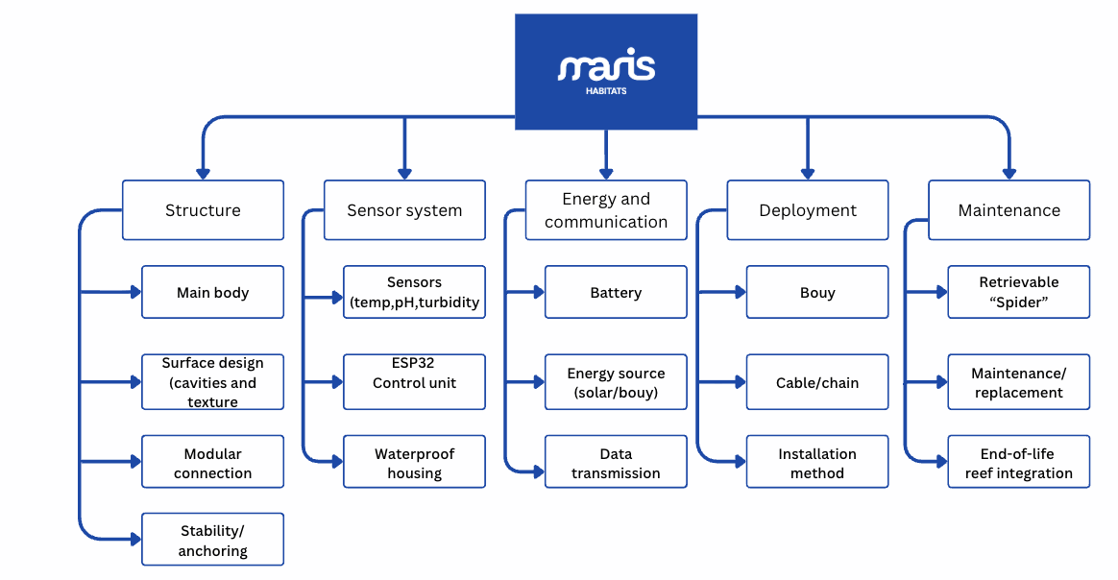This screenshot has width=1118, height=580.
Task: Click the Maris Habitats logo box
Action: coord(606,71)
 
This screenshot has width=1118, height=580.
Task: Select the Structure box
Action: coord(203,210)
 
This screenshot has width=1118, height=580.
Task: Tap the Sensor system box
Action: coord(404,210)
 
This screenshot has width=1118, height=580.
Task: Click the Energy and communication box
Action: coord(606,210)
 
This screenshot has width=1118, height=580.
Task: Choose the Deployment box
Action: coord(808,210)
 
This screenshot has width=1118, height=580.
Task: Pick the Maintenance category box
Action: coord(1009,210)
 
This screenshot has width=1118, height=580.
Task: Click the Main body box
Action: coord(212,292)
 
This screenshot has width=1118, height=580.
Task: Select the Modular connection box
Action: coord(212,462)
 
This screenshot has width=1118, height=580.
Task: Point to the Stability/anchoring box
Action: coord(212,540)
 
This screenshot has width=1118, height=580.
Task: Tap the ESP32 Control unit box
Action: coord(414,382)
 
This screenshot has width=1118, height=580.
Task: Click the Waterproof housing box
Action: coord(414,462)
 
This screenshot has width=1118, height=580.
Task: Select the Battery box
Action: coord(616,292)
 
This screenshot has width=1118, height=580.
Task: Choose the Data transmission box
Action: coord(616,462)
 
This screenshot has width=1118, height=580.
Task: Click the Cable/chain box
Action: coord(817,382)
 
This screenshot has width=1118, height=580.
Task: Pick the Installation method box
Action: coord(817,462)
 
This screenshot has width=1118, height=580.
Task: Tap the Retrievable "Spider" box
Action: coord(1019,292)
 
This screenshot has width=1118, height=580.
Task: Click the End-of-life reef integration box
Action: coord(1019,462)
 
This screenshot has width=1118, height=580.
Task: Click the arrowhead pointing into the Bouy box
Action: coord(739,292)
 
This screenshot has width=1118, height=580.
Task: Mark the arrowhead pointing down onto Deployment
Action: coord(808,174)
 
